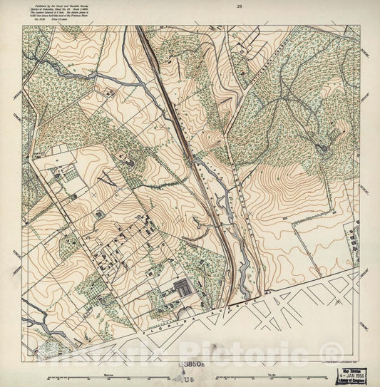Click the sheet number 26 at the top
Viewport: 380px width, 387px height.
241,6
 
